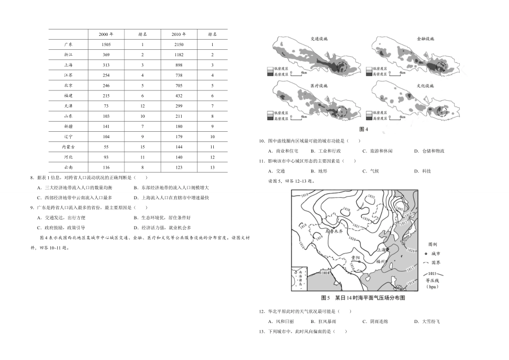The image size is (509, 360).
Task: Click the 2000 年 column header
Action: coord(106,34)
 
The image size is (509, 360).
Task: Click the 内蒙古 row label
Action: coord(68,146)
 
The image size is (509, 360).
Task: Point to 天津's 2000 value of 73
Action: coord(106,106)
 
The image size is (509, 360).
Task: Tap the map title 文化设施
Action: coord(425,85)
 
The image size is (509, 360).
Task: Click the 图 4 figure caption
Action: coord(364,130)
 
